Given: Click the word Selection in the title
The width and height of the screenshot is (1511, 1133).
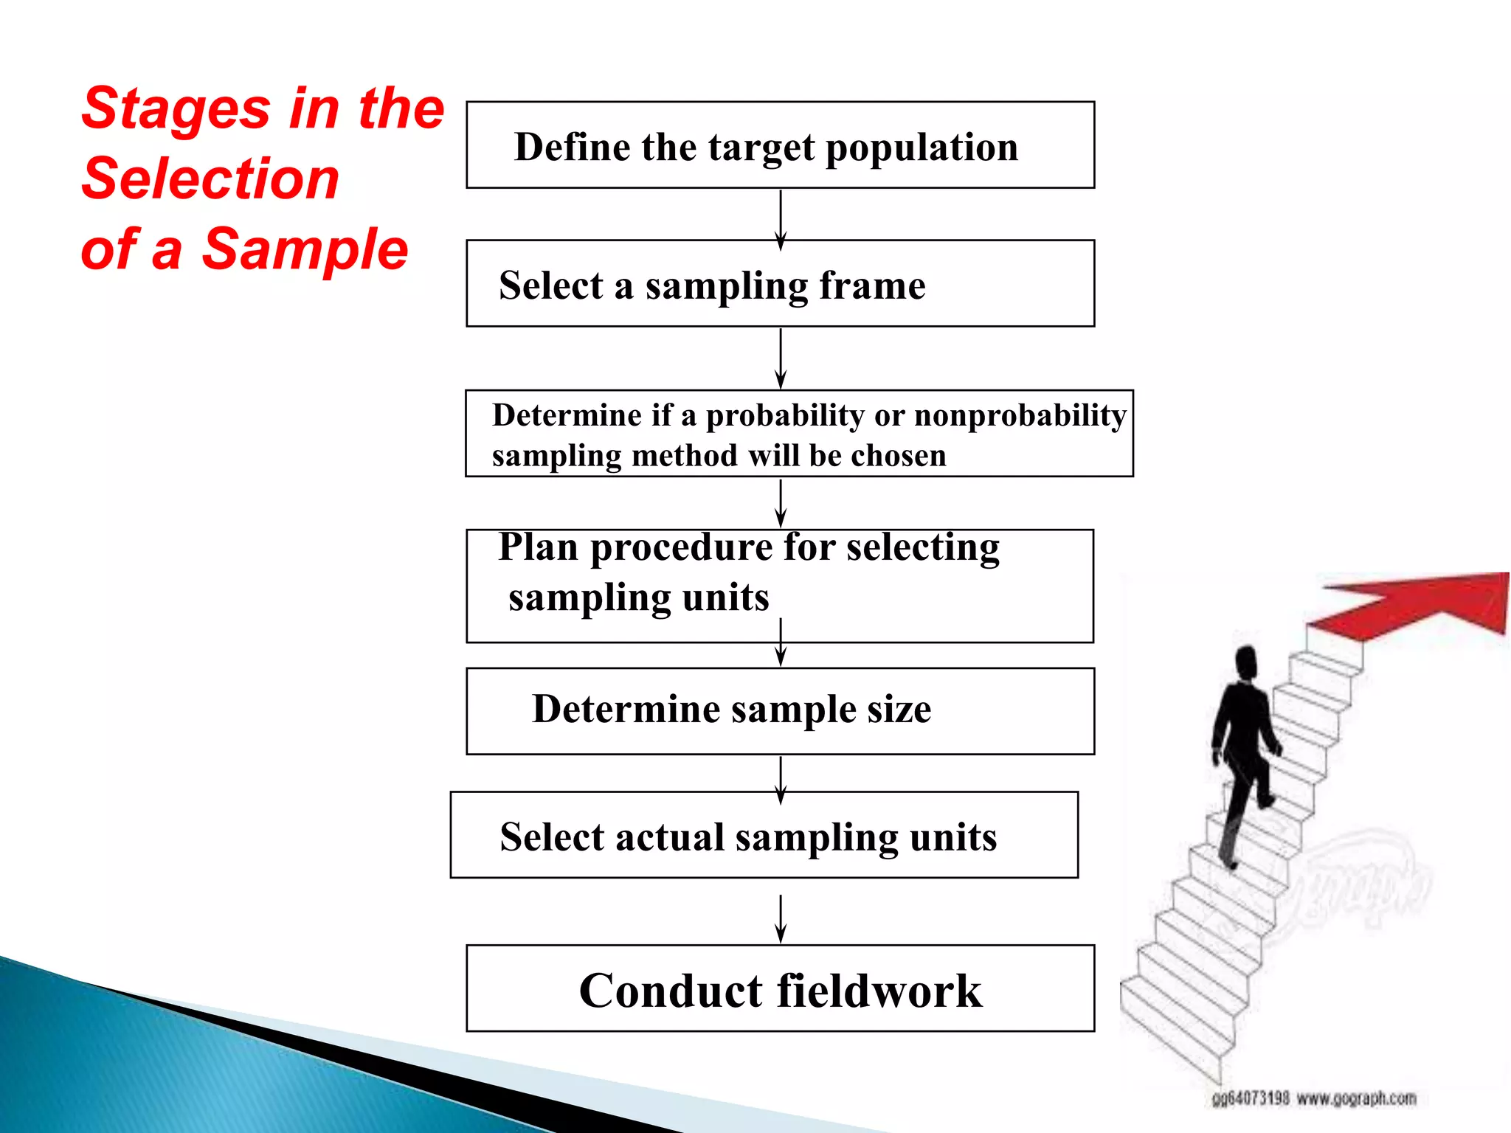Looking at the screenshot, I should [x=210, y=179].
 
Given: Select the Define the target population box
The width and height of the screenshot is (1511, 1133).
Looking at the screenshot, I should [x=780, y=145].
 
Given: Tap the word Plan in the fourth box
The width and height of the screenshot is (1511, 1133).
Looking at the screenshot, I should [x=538, y=548].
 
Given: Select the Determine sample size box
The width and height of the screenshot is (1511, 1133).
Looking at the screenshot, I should [x=780, y=711].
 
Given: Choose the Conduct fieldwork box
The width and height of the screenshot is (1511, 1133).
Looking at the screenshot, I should [x=780, y=988].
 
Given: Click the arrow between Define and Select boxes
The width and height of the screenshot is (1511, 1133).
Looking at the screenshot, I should [x=781, y=219].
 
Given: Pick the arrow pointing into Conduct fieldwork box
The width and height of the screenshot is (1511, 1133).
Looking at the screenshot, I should [x=781, y=918].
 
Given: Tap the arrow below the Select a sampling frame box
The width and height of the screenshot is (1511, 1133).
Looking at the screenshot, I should [x=781, y=358].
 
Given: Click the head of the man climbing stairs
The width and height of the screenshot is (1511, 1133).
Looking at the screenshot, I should [x=1246, y=662].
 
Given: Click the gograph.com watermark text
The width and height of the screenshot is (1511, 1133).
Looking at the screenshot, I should [x=1356, y=1098].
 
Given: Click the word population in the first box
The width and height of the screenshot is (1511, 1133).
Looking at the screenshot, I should [x=922, y=148].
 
